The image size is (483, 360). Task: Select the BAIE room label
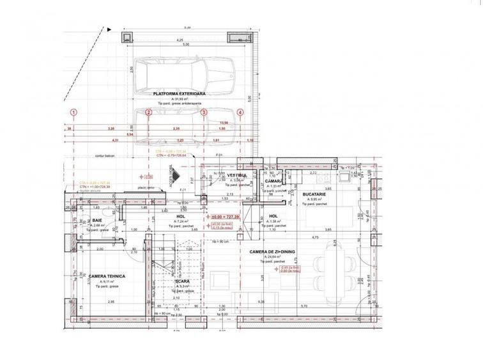click(x=97, y=219)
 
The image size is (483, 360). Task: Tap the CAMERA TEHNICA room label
click(x=107, y=276)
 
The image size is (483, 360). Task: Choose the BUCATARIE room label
click(x=316, y=193)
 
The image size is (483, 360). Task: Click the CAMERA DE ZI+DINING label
click(x=277, y=252)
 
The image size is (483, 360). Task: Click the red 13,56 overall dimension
click(x=224, y=123)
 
